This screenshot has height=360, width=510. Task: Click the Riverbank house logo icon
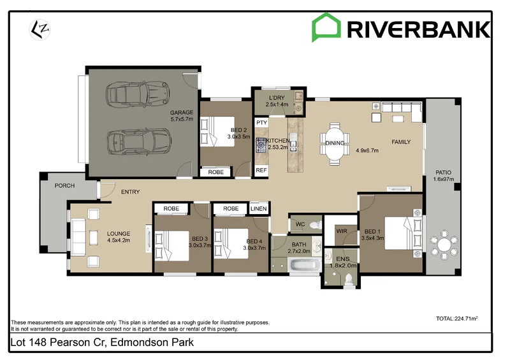(x=325, y=29)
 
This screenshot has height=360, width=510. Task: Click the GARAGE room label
(x=181, y=112)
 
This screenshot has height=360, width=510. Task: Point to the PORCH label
(x=64, y=186)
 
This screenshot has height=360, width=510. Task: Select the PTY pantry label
(x=261, y=122)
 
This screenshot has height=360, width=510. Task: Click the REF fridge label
(x=261, y=170)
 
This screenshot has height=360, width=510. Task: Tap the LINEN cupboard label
(x=258, y=208)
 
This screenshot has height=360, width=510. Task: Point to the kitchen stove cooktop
(x=261, y=145)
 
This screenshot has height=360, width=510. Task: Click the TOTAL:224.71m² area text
(x=456, y=319)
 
